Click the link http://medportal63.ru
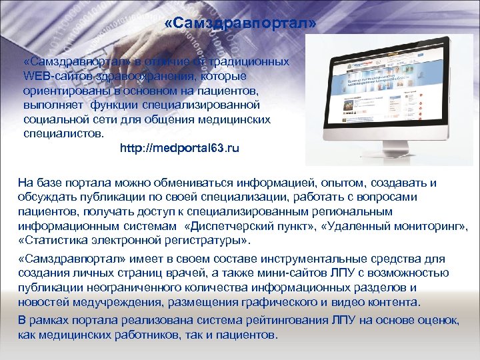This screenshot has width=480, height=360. click(x=179, y=147)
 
